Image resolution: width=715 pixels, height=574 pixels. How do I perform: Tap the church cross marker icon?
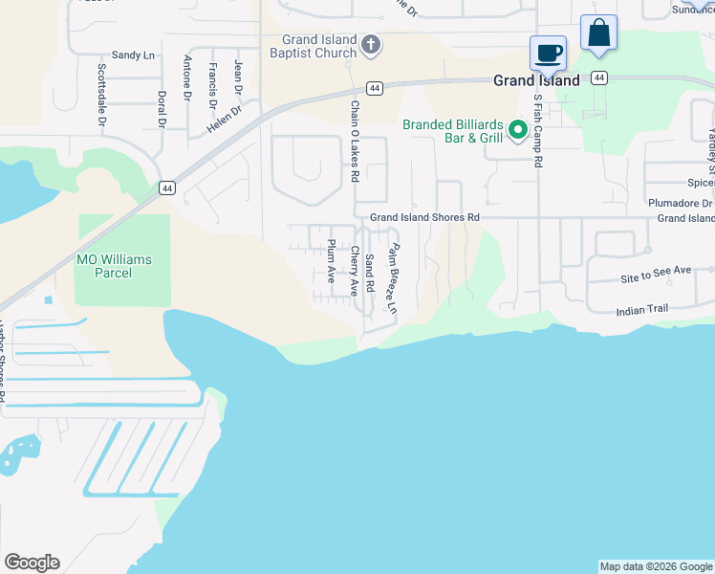(x=372, y=44)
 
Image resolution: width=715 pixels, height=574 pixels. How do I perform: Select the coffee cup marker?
(x=549, y=53)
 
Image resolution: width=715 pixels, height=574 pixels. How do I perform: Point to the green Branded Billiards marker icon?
(x=518, y=128)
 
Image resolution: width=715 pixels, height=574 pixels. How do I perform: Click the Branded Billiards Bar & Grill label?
(x=452, y=131)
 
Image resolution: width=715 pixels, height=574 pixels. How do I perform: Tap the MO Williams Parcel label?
(x=114, y=266)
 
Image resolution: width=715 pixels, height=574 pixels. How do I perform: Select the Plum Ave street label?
(x=332, y=261)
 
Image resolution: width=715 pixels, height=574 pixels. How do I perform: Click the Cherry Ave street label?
(x=354, y=270)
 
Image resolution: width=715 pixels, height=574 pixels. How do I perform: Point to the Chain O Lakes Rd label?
(x=354, y=142)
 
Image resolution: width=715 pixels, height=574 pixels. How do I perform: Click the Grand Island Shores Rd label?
(x=424, y=218)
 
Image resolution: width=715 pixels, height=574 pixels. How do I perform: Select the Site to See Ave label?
(x=655, y=272)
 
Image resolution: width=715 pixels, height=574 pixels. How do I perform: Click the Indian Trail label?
(x=642, y=310)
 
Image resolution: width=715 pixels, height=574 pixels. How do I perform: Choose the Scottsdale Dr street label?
(x=101, y=96)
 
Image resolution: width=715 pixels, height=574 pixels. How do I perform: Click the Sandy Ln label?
(x=133, y=55)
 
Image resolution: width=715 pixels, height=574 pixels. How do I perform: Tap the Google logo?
(x=32, y=563)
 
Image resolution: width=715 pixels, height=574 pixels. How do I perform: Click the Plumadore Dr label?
(x=681, y=204)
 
